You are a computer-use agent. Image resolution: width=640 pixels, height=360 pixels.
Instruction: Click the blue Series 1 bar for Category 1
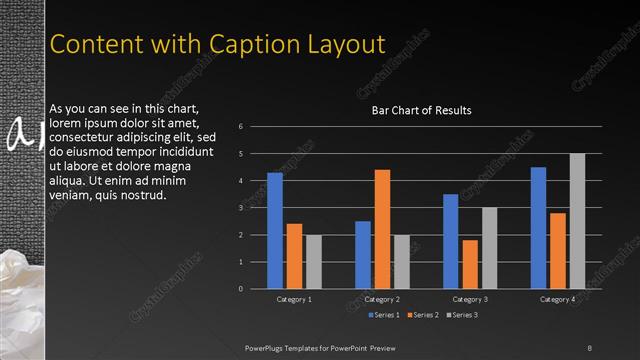click(275, 231)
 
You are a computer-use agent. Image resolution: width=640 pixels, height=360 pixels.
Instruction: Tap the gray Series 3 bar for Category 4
click(577, 221)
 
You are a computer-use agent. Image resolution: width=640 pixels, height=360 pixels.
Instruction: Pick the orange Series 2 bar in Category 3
click(470, 264)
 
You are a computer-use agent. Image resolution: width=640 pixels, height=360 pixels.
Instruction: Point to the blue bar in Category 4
click(538, 228)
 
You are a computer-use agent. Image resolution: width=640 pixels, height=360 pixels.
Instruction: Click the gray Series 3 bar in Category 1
click(314, 262)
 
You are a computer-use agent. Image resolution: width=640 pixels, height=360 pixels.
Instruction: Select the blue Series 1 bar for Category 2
click(363, 255)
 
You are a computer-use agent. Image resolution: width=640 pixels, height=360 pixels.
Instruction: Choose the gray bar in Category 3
click(489, 248)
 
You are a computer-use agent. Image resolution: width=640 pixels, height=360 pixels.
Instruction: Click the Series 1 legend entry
click(385, 315)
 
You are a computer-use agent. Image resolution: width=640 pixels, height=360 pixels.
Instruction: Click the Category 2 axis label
click(382, 299)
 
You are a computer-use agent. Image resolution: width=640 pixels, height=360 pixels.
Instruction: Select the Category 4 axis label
click(557, 299)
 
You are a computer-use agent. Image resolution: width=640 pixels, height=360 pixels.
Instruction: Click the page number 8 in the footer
click(589, 347)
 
